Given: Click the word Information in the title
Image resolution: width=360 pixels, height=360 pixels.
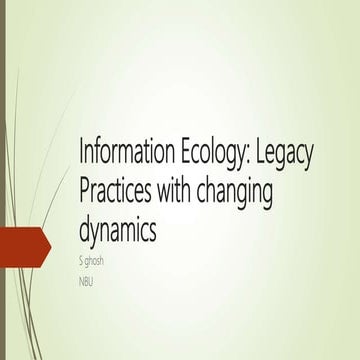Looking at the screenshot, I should click(x=121, y=157).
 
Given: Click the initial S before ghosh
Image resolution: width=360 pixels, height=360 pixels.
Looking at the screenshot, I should click(x=81, y=259).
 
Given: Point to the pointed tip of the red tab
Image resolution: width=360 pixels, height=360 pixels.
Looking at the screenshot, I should click(x=50, y=247).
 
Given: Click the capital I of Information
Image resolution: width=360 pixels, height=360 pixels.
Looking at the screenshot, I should click(x=81, y=157).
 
